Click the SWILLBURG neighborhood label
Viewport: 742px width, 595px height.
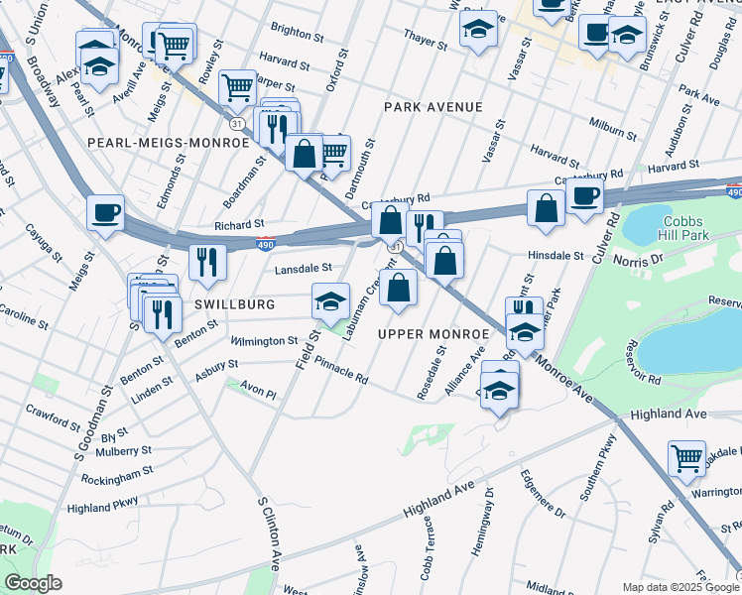coord(235,304)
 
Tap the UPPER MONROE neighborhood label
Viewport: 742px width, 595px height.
coord(433,334)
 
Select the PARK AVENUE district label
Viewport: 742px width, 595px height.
coord(433,107)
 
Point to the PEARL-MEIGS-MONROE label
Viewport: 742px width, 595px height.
coord(168,143)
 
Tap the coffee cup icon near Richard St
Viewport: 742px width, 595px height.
coord(105,212)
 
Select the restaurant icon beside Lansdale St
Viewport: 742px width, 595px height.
coord(207,261)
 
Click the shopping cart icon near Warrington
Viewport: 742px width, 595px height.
coord(686,458)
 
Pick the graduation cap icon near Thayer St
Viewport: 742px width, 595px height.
coord(478,29)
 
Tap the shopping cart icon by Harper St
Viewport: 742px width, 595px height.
coord(237,87)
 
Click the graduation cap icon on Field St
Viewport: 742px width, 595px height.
coord(330,300)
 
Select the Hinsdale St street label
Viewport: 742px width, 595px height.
coord(556,255)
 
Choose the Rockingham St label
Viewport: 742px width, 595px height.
coord(110,483)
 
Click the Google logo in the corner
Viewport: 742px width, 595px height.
coord(33,583)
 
